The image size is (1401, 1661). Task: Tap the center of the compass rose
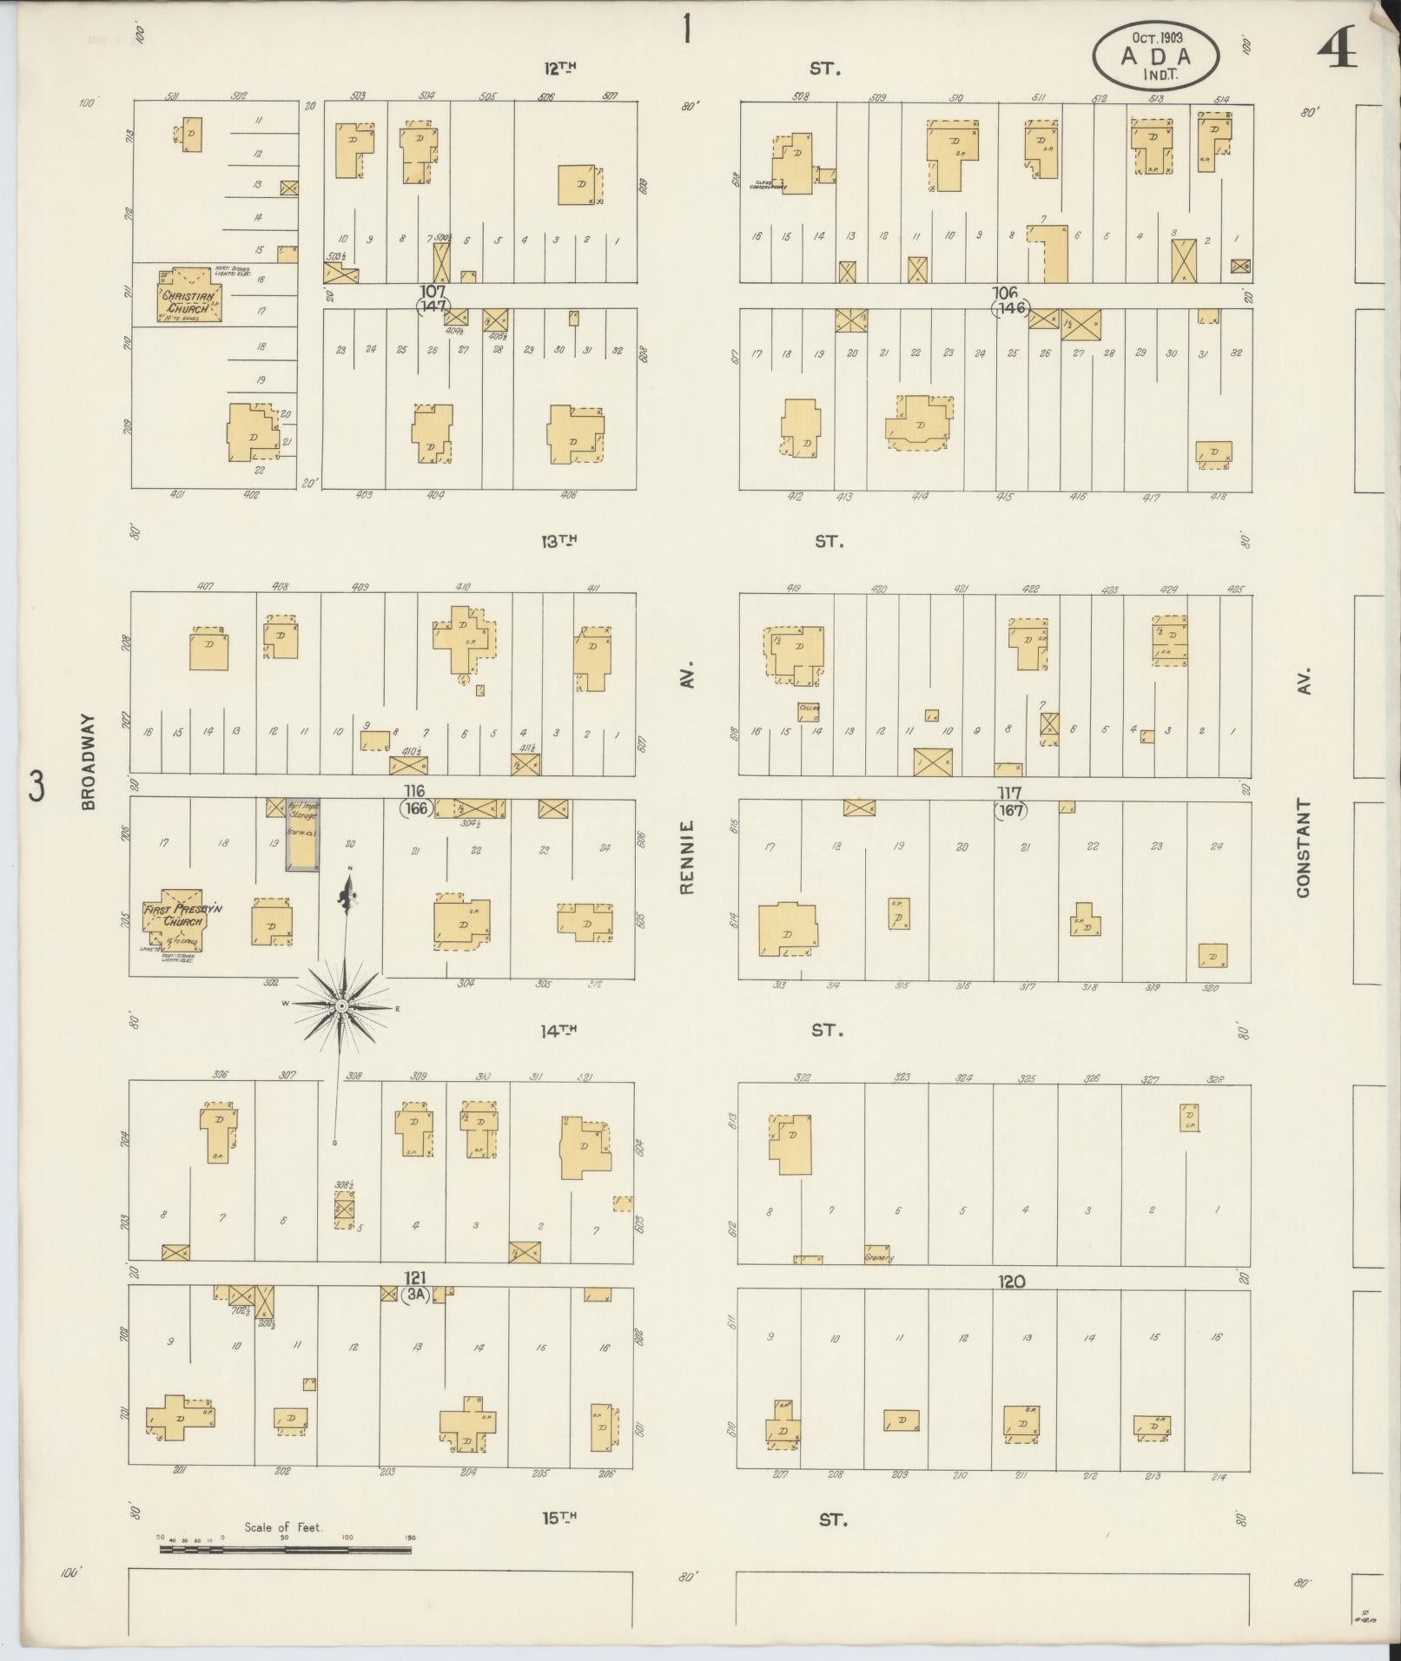pyautogui.click(x=341, y=1005)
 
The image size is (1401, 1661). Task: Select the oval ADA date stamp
pyautogui.click(x=1155, y=54)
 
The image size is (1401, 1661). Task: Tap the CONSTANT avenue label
pyautogui.click(x=1302, y=848)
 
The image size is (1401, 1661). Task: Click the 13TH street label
pyautogui.click(x=559, y=541)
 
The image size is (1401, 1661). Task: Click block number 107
pyautogui.click(x=432, y=291)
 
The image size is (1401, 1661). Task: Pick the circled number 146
pyautogui.click(x=1013, y=307)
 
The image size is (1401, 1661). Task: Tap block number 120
pyautogui.click(x=1012, y=1281)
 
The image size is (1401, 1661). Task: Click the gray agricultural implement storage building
pyautogui.click(x=302, y=834)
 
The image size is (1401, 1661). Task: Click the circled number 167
pyautogui.click(x=1012, y=811)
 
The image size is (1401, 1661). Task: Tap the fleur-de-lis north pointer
pyautogui.click(x=349, y=890)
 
